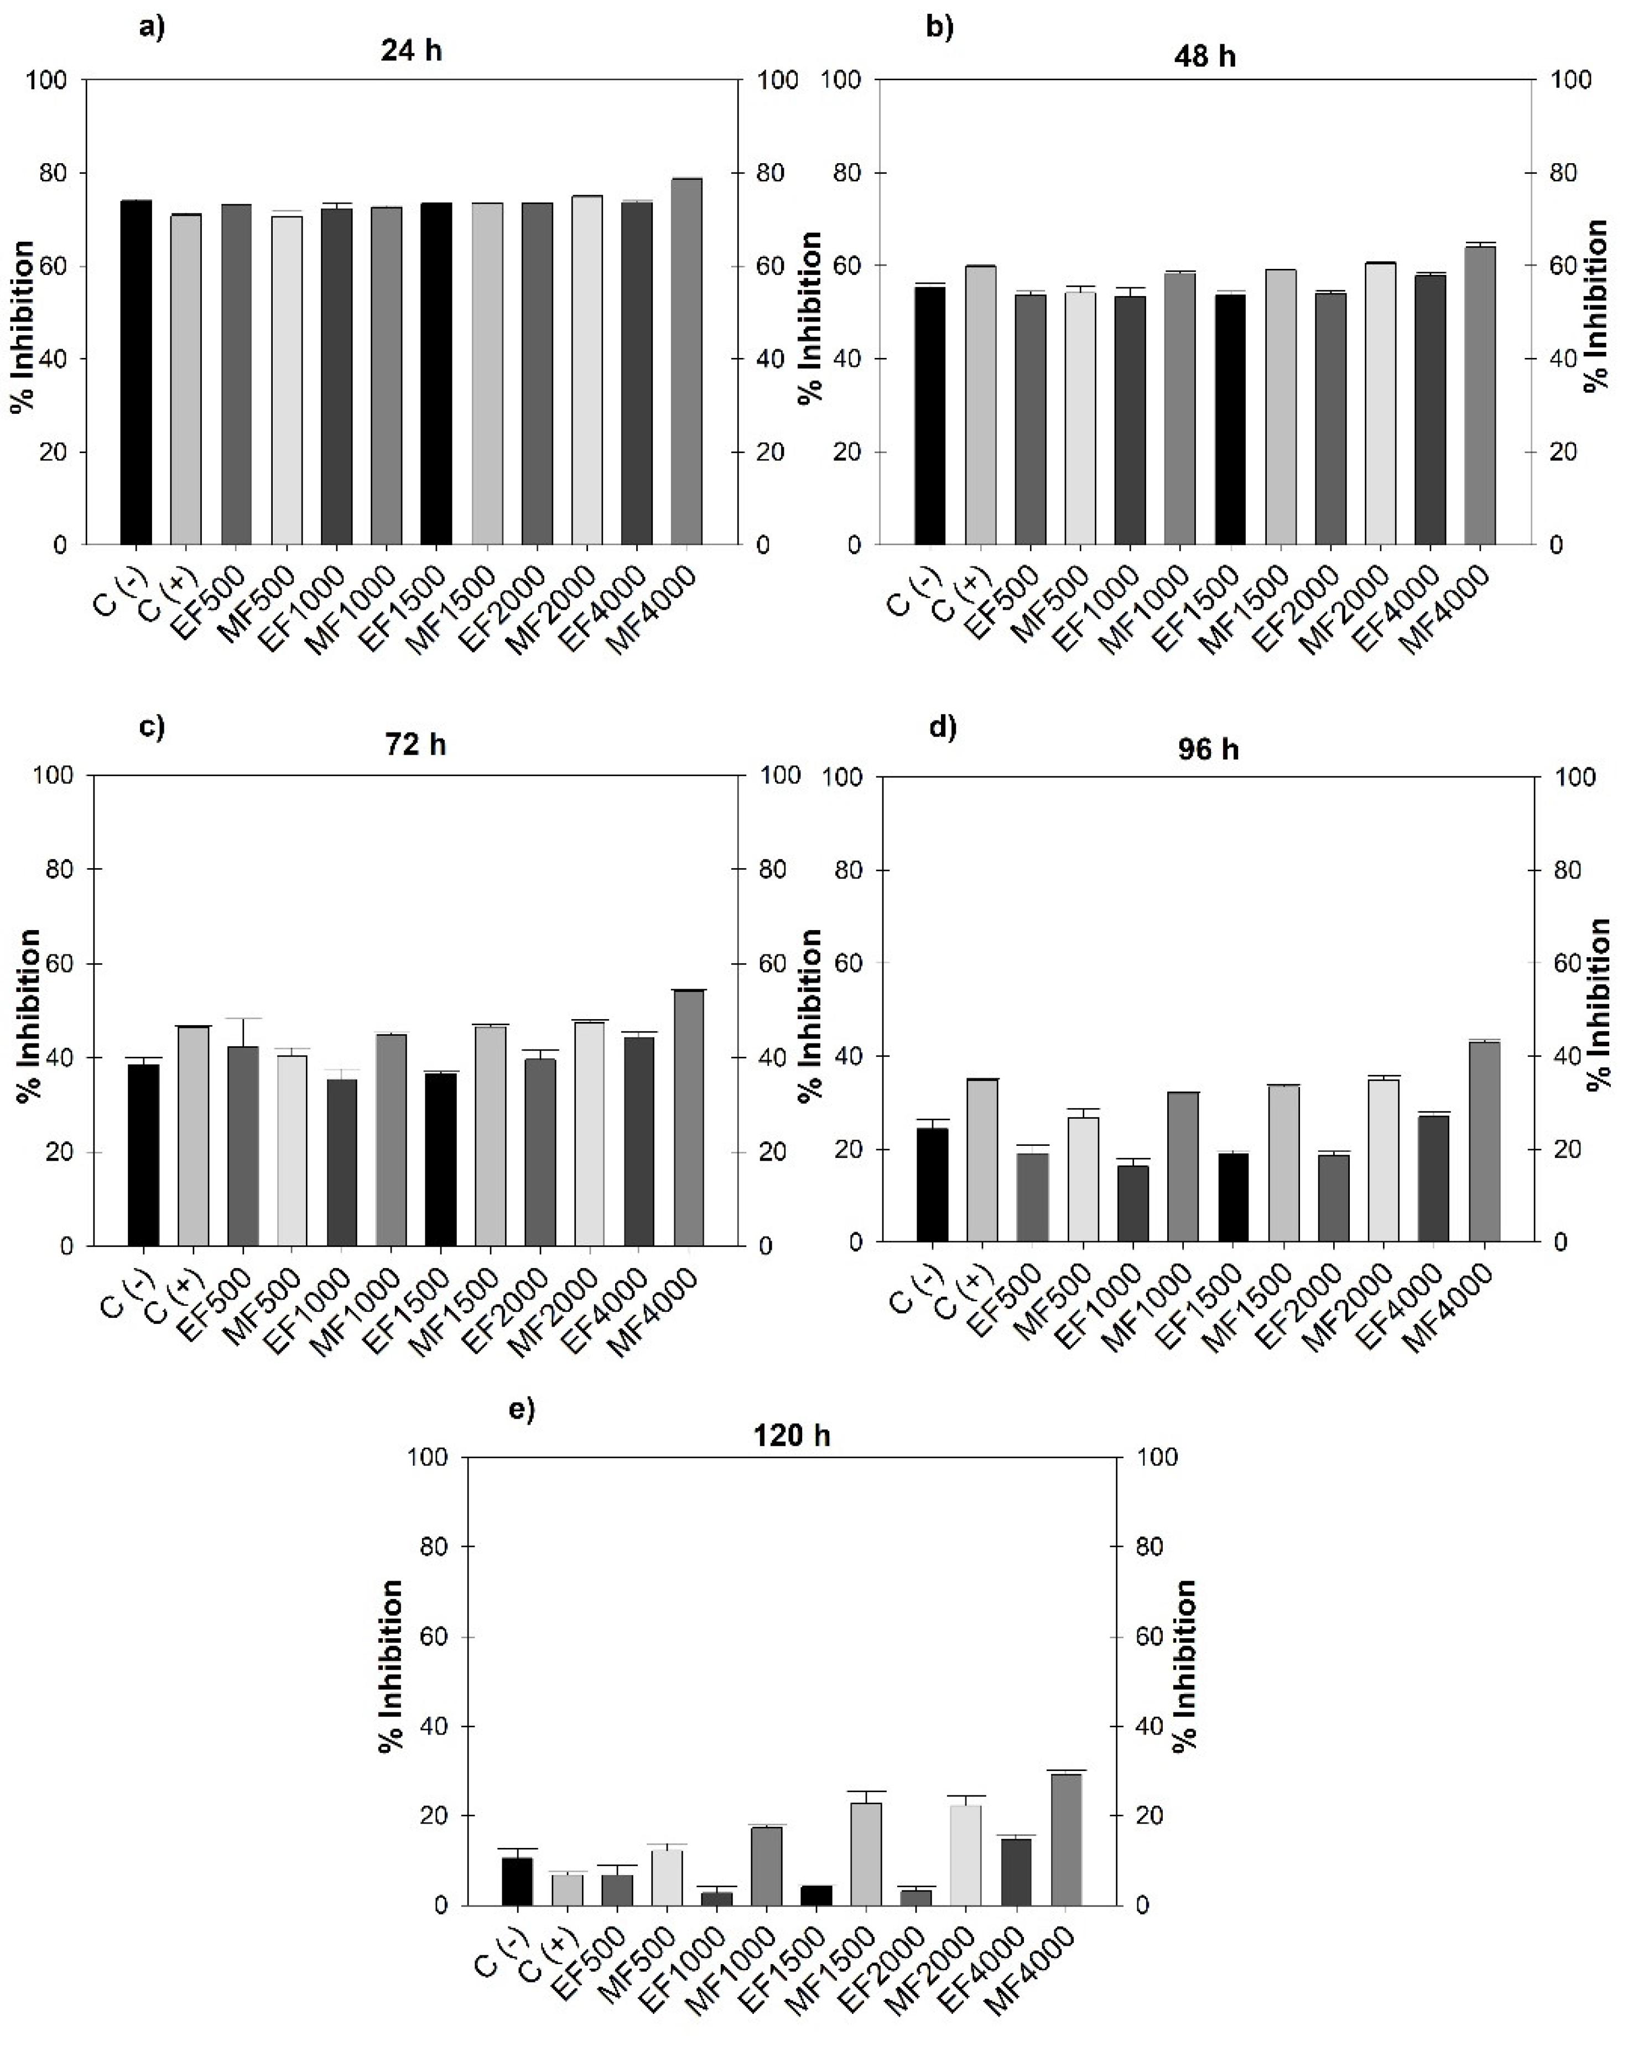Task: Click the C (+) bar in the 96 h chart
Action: point(982,1160)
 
